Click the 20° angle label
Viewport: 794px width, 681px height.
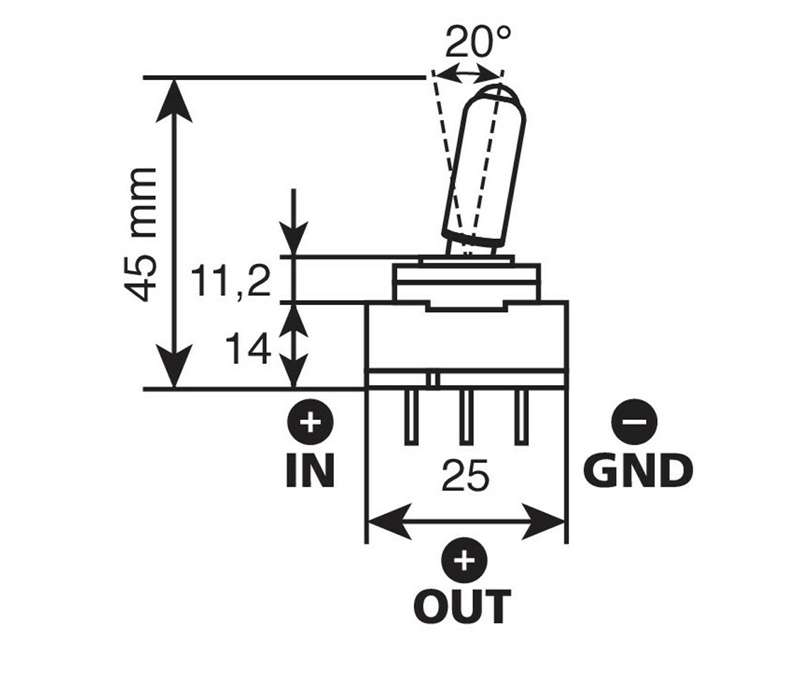478,43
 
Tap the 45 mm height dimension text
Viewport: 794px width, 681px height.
140,235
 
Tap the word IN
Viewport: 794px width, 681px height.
310,470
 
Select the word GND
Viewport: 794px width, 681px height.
637,470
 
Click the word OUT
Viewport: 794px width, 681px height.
462,605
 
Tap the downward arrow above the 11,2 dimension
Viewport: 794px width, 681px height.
294,227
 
